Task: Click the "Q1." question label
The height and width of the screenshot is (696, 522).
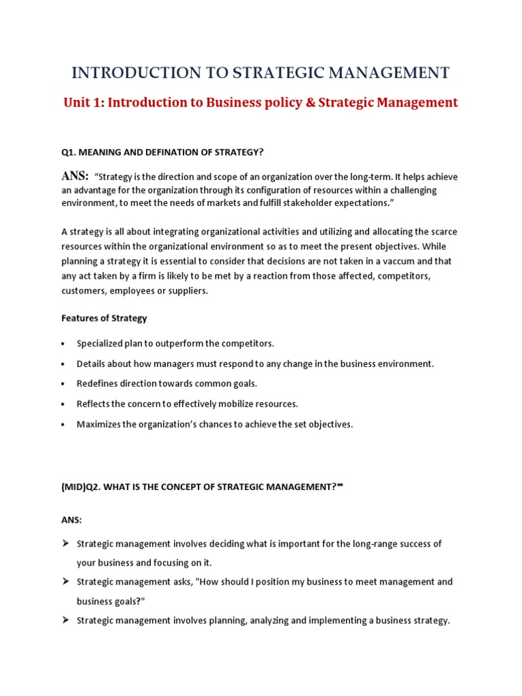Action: pyautogui.click(x=69, y=153)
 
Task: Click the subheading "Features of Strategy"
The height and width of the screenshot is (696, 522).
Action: pyautogui.click(x=104, y=318)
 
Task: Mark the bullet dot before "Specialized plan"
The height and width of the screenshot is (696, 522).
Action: pyautogui.click(x=63, y=344)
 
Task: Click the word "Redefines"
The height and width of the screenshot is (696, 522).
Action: pyautogui.click(x=97, y=383)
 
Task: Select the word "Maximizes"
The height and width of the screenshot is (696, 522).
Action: pyautogui.click(x=98, y=424)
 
